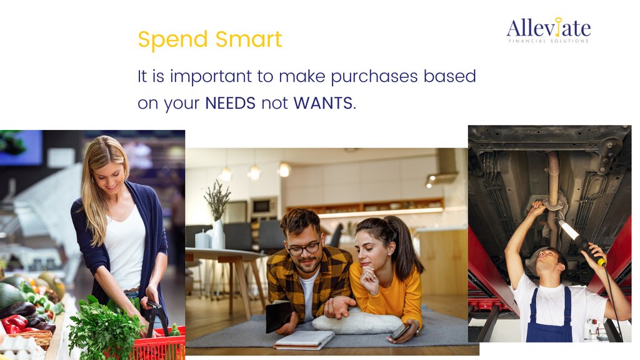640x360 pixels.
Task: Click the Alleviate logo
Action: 548,29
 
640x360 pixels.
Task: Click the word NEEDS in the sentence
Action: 230,103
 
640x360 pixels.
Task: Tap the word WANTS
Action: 322,103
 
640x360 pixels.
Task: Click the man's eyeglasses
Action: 304,248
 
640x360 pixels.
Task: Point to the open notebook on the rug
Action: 304,339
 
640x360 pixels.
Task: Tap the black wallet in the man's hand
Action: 278,315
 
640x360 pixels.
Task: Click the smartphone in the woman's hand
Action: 399,332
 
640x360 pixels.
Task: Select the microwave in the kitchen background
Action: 263,207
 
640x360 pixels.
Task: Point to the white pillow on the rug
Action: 357,322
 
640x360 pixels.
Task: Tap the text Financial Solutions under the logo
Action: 548,41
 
